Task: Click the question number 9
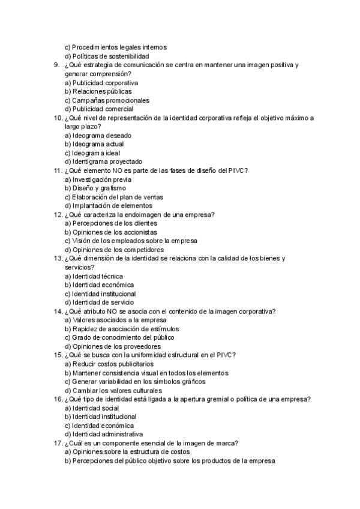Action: pyautogui.click(x=56, y=65)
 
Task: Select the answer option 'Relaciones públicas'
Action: pyautogui.click(x=98, y=91)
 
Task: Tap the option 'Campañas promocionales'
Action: pyautogui.click(x=107, y=100)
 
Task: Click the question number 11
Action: pyautogui.click(x=58, y=170)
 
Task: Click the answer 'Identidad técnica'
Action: pyautogui.click(x=94, y=276)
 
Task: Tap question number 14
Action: pyautogui.click(x=58, y=311)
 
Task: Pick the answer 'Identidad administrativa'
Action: pyautogui.click(x=103, y=434)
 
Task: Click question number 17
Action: pyautogui.click(x=58, y=443)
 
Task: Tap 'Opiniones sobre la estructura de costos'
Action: pyautogui.click(x=127, y=451)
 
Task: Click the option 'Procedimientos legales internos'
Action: pyautogui.click(x=115, y=47)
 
